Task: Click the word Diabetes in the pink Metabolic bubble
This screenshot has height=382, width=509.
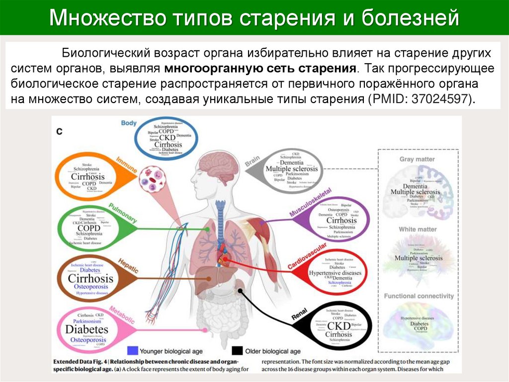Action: pos(86,329)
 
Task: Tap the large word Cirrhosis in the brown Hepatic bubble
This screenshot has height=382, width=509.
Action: pos(90,278)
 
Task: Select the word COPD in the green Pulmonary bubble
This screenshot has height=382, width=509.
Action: pos(88,228)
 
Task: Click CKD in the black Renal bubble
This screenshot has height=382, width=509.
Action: pos(339,326)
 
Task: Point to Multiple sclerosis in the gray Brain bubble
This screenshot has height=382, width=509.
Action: pos(291,169)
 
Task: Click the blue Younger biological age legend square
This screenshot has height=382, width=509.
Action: pos(133,351)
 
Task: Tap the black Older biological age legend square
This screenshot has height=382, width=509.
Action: pos(237,351)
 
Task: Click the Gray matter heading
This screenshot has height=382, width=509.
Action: pos(417,159)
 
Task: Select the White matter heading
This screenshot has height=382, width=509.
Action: pos(418,229)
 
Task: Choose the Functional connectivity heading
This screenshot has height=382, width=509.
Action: pos(419,296)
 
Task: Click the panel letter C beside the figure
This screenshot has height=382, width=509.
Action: pos(59,131)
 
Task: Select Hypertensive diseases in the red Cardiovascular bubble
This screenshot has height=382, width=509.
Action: pos(335,273)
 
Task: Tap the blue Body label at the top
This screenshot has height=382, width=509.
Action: pos(128,123)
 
